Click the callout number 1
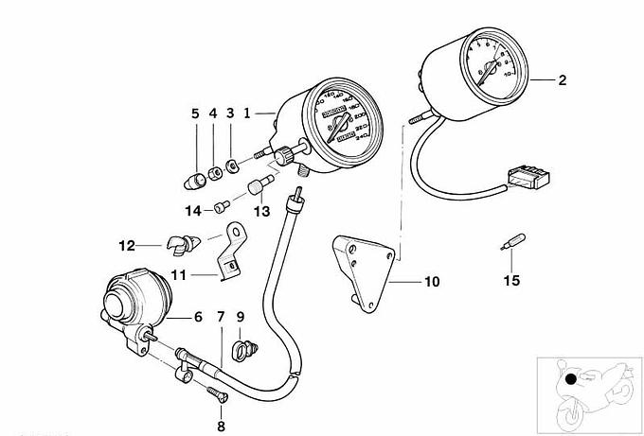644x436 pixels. click(247, 113)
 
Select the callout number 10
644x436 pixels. click(431, 282)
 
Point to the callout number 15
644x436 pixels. click(511, 282)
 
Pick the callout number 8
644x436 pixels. click(221, 411)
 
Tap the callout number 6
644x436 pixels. click(198, 318)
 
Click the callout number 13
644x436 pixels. click(261, 210)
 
